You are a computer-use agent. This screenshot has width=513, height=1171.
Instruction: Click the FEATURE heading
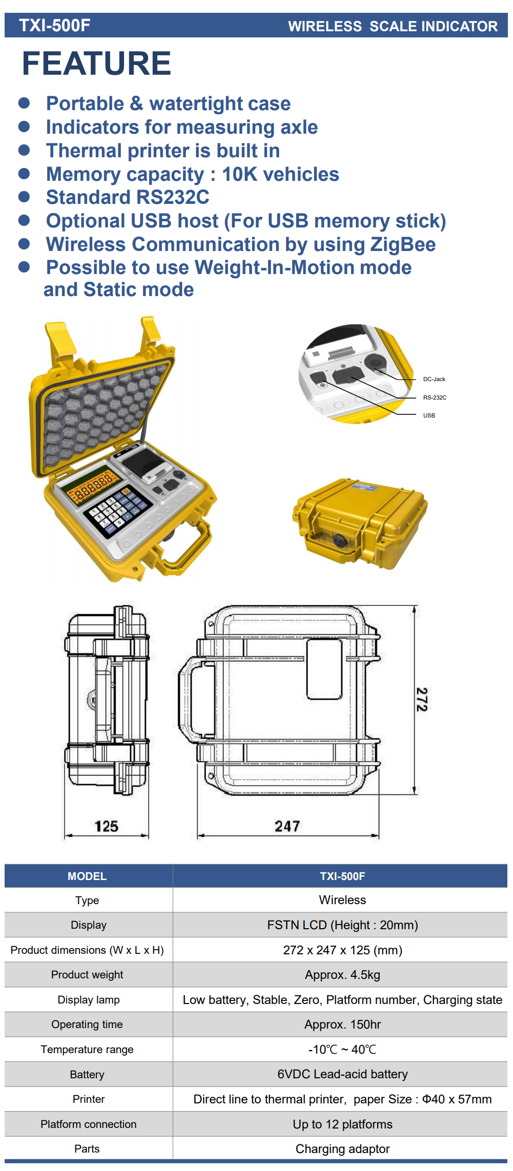(96, 64)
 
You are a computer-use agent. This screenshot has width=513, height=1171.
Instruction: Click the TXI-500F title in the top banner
(55, 26)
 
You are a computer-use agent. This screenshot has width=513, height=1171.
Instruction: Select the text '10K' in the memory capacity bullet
(239, 174)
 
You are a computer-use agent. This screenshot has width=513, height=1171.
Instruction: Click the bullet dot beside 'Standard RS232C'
(24, 197)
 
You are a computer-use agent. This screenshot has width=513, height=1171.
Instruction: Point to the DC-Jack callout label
(434, 379)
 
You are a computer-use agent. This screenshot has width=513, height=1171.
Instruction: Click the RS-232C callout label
(435, 398)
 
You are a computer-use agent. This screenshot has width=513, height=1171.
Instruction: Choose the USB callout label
(429, 415)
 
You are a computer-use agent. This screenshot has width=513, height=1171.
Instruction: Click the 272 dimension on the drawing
(422, 700)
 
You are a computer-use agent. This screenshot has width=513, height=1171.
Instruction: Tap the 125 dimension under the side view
(107, 826)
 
